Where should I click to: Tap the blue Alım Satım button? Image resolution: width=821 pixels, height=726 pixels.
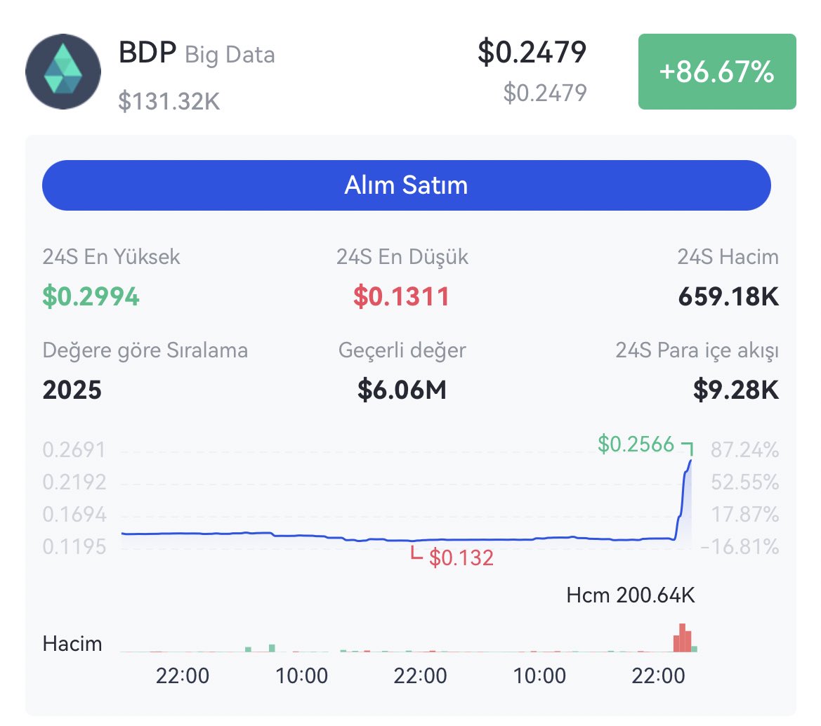click(x=406, y=185)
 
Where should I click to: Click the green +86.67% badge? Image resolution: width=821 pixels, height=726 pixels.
click(x=716, y=72)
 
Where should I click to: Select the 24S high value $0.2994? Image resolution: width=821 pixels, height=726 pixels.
click(x=91, y=297)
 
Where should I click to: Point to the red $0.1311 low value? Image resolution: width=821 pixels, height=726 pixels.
click(x=401, y=297)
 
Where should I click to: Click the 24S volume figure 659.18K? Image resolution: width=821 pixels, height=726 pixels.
click(x=728, y=297)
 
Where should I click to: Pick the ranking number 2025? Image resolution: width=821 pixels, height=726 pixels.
click(x=72, y=390)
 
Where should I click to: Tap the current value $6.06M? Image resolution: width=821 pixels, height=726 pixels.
click(x=402, y=390)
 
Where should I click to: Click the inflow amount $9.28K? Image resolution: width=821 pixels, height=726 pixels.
click(x=736, y=390)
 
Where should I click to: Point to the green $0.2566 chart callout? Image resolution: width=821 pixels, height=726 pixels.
click(x=636, y=444)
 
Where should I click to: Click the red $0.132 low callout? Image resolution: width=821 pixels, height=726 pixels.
click(x=461, y=558)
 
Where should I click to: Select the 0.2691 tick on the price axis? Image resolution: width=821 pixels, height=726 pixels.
click(x=74, y=449)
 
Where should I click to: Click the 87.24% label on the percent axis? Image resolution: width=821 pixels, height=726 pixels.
click(x=744, y=449)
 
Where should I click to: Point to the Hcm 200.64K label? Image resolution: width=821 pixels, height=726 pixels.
click(x=630, y=596)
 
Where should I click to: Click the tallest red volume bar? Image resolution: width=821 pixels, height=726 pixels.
click(x=682, y=638)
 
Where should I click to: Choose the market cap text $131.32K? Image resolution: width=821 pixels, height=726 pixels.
click(x=169, y=103)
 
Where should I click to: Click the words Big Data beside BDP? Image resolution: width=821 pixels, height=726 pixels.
click(x=230, y=55)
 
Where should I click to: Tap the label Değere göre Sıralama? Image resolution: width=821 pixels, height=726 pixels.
click(x=145, y=350)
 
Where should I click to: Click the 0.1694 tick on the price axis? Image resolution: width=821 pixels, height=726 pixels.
click(x=74, y=515)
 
